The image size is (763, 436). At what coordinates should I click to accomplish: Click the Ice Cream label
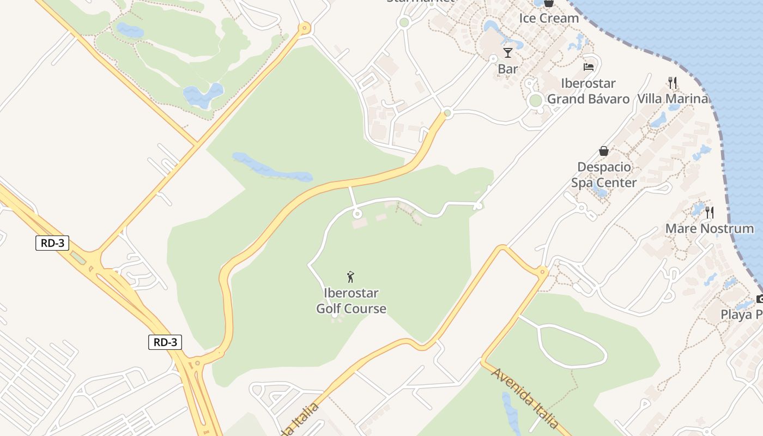click(x=548, y=18)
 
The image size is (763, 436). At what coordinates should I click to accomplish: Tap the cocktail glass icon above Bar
click(x=508, y=53)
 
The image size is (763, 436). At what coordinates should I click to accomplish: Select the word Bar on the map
click(x=508, y=69)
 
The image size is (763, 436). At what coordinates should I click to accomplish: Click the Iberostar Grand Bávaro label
click(x=588, y=91)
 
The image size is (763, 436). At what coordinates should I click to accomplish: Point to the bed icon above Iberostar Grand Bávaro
click(x=589, y=67)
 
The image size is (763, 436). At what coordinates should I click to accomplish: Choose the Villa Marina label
click(x=673, y=99)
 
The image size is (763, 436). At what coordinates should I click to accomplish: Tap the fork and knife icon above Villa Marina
click(x=673, y=83)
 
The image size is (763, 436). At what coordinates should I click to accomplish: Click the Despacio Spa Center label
click(x=604, y=174)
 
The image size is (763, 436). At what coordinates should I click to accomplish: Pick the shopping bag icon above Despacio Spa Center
click(x=604, y=151)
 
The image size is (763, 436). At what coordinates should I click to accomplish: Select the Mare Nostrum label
click(x=710, y=228)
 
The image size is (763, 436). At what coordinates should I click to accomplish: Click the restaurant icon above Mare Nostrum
click(x=710, y=212)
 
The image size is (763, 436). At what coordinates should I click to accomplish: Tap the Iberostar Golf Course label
click(x=351, y=301)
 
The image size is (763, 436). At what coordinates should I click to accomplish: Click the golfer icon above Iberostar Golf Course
click(x=351, y=277)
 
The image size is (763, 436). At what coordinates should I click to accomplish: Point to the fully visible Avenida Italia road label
click(x=524, y=397)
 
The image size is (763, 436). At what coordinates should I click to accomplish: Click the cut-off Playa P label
click(x=741, y=314)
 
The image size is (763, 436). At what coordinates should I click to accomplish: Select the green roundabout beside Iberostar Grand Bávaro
click(x=536, y=100)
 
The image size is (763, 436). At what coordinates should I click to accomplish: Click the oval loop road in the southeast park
click(x=572, y=346)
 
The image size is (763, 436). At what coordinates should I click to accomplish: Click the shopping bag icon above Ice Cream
click(x=548, y=3)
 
